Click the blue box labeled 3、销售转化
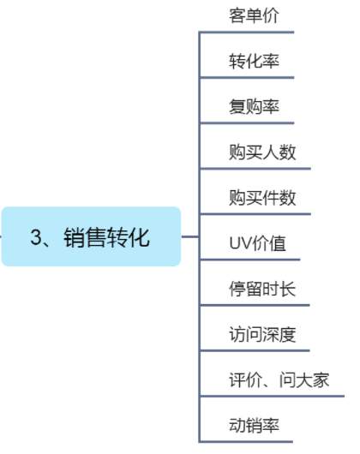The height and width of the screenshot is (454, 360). point(91,236)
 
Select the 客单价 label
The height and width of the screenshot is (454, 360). point(254,15)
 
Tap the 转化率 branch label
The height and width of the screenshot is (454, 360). point(254,61)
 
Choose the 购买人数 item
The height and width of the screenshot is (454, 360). point(262,152)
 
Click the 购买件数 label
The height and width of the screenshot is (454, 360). point(262,198)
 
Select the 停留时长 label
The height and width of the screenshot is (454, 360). point(262,289)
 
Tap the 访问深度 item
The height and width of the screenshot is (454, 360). point(262,335)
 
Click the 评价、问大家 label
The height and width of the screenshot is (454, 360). point(279,380)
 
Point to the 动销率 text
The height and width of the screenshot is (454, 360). point(254,426)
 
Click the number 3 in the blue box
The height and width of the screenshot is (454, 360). point(35,237)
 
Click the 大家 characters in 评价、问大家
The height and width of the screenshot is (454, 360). point(312,380)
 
